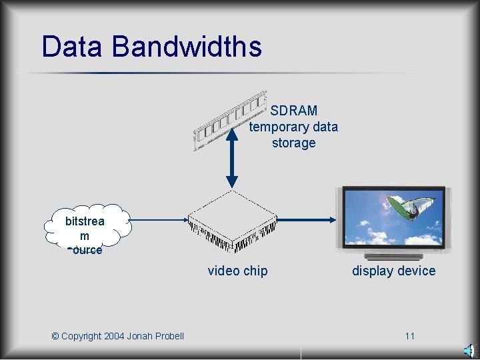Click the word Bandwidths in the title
(187, 47)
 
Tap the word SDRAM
(294, 111)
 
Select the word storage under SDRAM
(293, 143)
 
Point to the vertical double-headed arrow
(231, 156)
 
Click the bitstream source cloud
(85, 229)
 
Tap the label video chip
(237, 271)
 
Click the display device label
(393, 271)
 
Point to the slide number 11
(409, 336)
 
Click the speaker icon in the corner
(469, 351)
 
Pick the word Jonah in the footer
(140, 336)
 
